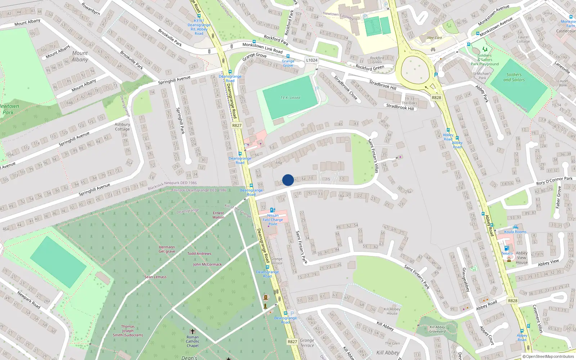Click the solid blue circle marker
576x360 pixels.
coord(288,180)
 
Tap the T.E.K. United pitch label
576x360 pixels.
coord(290,98)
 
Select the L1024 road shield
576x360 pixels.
coord(312,60)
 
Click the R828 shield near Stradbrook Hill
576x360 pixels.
coord(436,98)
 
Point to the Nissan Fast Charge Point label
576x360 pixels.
coord(273,220)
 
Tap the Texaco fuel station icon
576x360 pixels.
coord(507,248)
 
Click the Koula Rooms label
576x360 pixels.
coord(515,232)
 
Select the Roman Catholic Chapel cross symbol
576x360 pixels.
coord(193,331)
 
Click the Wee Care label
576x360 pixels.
coord(435,38)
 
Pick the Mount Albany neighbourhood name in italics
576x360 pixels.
coord(80,57)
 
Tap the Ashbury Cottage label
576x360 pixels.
coord(122,127)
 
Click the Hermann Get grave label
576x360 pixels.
coord(167,249)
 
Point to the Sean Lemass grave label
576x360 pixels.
coord(156,277)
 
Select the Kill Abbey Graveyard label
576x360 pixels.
coord(437,329)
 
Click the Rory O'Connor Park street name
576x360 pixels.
coord(554,181)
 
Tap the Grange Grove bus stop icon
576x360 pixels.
coord(288,57)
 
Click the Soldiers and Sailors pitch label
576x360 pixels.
coord(514,77)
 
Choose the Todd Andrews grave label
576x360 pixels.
coord(199,253)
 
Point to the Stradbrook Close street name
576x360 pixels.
coord(345,87)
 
